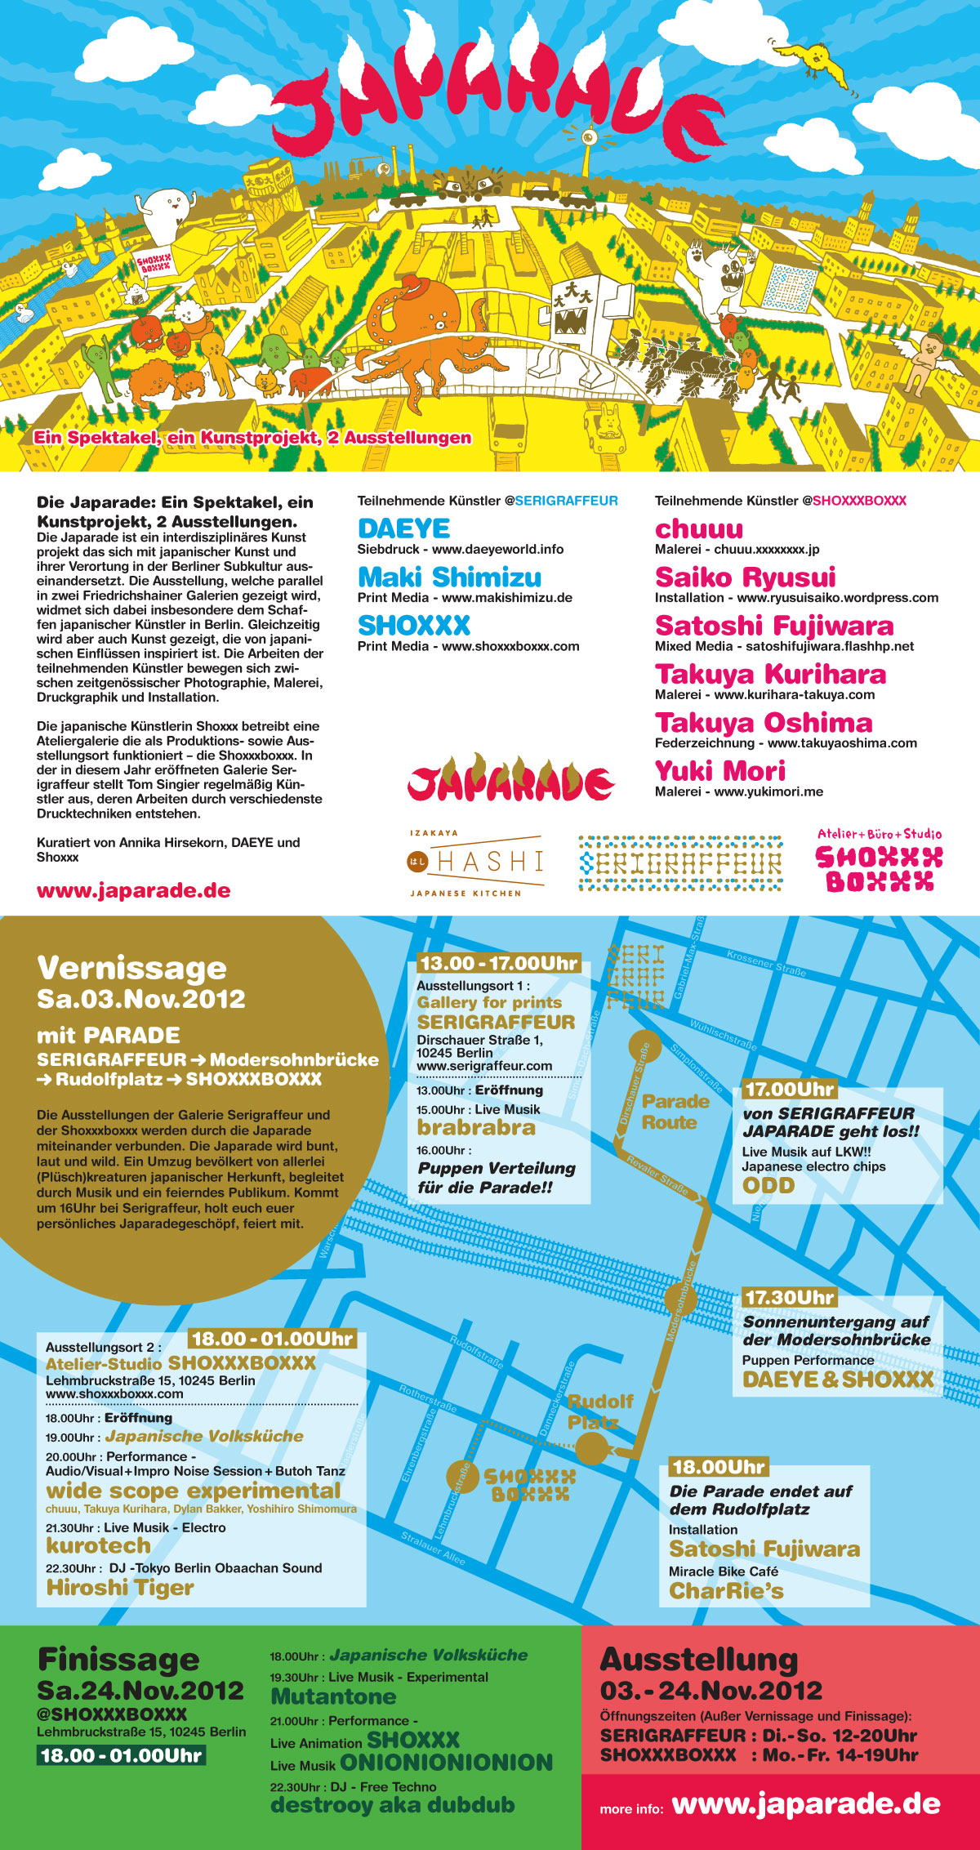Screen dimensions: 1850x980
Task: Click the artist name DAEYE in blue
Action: click(x=403, y=528)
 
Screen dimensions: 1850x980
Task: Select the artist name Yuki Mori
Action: click(x=719, y=770)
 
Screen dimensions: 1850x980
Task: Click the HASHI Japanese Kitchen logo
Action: click(x=475, y=862)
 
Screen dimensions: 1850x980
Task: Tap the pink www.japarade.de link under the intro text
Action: click(x=133, y=890)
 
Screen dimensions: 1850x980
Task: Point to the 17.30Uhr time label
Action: click(x=789, y=1297)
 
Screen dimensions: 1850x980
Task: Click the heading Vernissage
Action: click(x=131, y=968)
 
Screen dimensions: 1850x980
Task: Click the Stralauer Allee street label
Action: click(x=433, y=1549)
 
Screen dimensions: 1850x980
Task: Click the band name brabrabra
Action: click(x=476, y=1127)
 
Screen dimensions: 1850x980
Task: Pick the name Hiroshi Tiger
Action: click(x=120, y=1587)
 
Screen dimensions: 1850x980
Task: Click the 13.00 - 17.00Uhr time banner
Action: click(x=498, y=963)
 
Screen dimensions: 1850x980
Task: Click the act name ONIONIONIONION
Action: click(x=446, y=1763)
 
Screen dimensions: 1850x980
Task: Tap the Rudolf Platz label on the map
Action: click(x=600, y=1411)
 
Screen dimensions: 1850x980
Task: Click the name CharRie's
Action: click(x=726, y=1590)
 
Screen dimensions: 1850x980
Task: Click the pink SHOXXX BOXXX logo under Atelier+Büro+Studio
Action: click(x=879, y=869)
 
